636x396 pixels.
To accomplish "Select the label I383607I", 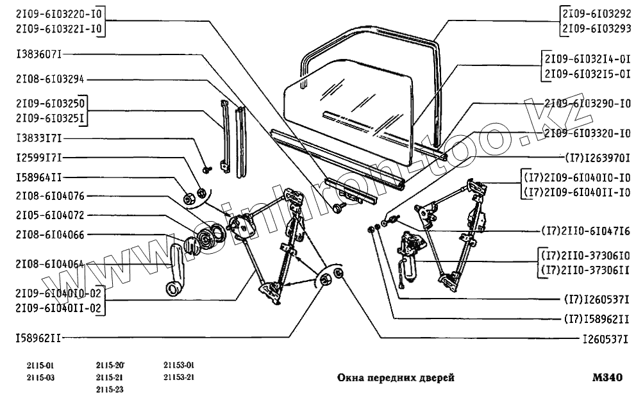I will click(x=38, y=54).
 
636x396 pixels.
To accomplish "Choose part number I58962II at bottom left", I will click(x=38, y=335).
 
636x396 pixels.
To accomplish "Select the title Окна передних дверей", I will click(x=396, y=378).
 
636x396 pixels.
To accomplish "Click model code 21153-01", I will click(x=178, y=366).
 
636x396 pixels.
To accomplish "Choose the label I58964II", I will click(x=38, y=177).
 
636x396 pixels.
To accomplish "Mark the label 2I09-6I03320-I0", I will click(x=586, y=134).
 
